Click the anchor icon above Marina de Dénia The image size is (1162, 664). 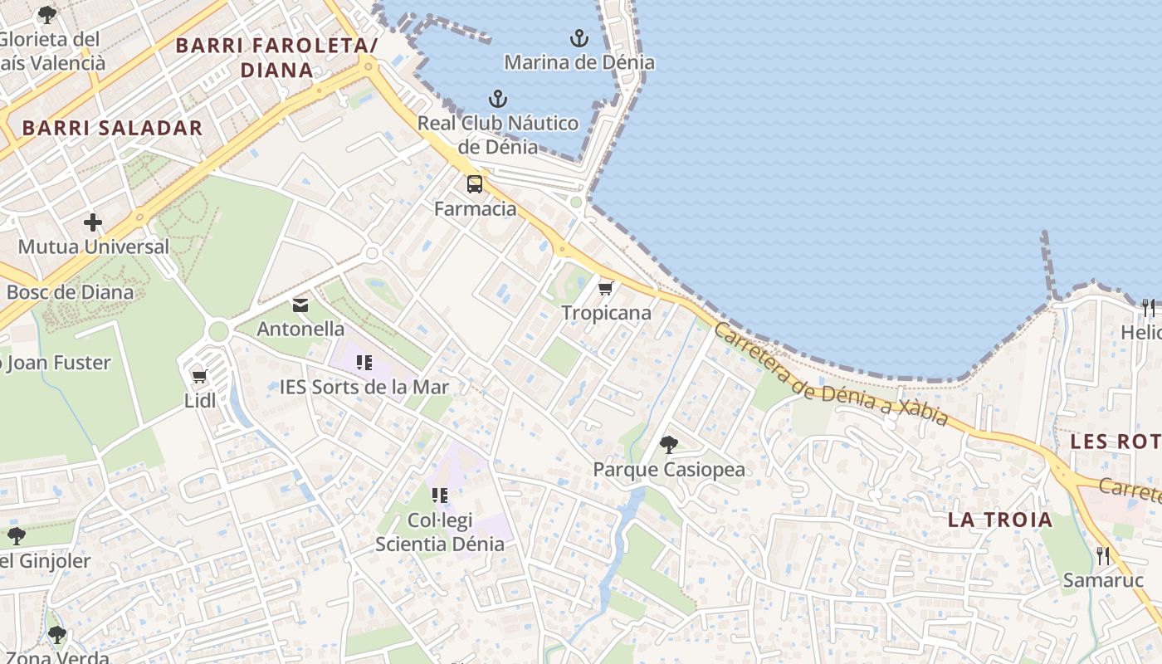[579, 38]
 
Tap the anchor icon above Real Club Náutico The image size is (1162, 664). [497, 100]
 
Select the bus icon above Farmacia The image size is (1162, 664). [475, 184]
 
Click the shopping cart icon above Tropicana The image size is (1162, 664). [606, 289]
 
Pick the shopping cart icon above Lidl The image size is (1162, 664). [199, 377]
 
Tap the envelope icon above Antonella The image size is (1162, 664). [300, 305]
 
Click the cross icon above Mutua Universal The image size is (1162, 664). [93, 222]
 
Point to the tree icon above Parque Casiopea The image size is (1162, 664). [668, 445]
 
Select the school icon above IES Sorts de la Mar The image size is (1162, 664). [364, 363]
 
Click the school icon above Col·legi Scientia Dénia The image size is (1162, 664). [439, 496]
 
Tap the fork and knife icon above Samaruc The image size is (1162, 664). [1103, 556]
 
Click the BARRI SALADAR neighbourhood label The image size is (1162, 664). [112, 128]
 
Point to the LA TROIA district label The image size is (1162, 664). [1000, 520]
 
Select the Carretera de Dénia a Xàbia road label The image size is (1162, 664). [830, 374]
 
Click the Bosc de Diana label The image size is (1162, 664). [70, 292]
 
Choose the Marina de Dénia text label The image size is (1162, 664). [579, 62]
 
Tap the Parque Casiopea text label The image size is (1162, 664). [668, 470]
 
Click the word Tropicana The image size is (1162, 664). [606, 313]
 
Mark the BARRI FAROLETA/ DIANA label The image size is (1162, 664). [277, 57]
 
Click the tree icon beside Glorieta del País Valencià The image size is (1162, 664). [47, 15]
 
